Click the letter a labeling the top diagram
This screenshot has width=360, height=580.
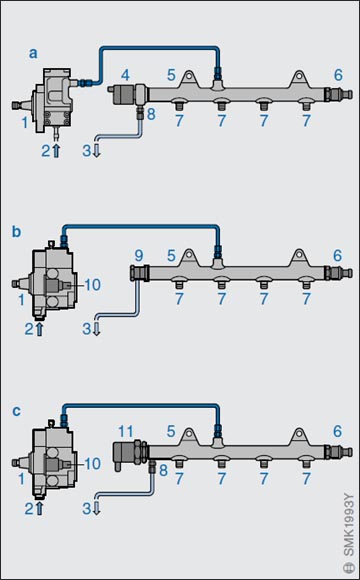tap(33, 54)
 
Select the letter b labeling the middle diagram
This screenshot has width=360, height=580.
tap(17, 232)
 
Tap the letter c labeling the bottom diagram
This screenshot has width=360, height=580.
tap(17, 411)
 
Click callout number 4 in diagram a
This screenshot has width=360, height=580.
tap(125, 75)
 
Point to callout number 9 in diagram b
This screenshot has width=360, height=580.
tap(139, 256)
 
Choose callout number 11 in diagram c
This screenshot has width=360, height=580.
tap(125, 431)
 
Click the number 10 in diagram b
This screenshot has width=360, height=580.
tap(92, 285)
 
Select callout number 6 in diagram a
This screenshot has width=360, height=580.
tap(338, 75)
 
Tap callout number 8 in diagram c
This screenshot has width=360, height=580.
tap(163, 471)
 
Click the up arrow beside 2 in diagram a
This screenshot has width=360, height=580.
tap(56, 151)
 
